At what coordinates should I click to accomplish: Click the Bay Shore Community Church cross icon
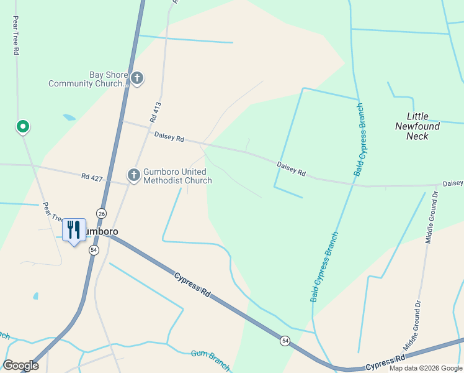(x=137, y=78)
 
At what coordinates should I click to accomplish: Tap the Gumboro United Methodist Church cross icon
(x=133, y=175)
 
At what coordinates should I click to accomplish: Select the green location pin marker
(x=23, y=127)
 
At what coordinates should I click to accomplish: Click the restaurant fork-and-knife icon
(x=74, y=230)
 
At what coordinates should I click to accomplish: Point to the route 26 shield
(x=101, y=213)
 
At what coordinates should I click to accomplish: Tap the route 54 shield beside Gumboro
(x=94, y=249)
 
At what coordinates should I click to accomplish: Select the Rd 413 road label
(x=155, y=112)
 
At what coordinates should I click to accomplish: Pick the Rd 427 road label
(x=91, y=177)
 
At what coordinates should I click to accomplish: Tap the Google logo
(x=20, y=366)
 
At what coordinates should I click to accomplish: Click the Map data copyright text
(x=426, y=368)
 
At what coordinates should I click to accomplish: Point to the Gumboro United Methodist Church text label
(x=177, y=176)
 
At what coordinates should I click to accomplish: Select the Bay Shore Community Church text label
(x=88, y=79)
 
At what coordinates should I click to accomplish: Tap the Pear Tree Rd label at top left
(x=14, y=35)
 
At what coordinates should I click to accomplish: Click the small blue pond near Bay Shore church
(x=69, y=117)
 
